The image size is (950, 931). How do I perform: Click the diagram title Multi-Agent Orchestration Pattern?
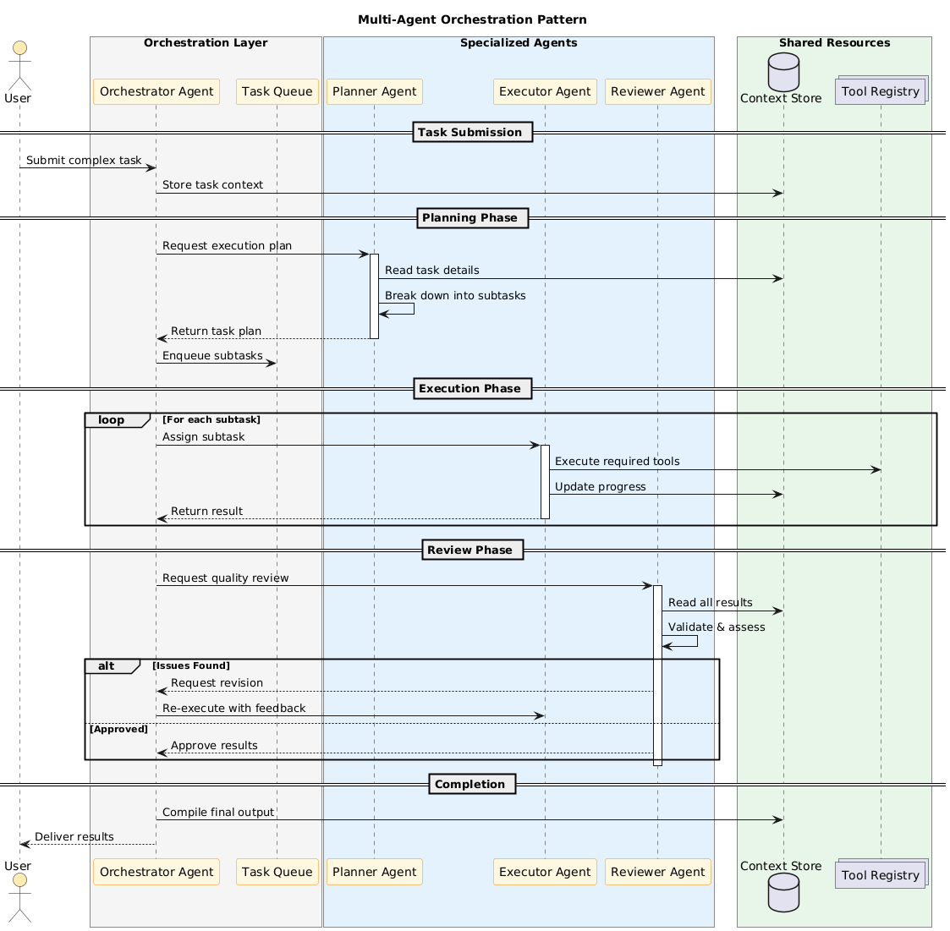click(472, 19)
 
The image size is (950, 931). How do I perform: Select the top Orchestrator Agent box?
click(157, 91)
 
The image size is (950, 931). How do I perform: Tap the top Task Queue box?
click(277, 91)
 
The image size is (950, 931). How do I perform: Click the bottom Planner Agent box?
click(375, 872)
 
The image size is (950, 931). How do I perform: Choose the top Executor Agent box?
click(545, 91)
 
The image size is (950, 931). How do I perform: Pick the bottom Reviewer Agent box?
click(657, 872)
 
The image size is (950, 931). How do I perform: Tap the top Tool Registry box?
click(880, 91)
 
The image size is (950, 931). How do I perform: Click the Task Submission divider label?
click(471, 132)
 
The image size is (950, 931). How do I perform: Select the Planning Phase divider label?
click(470, 218)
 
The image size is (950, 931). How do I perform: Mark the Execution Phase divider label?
click(471, 389)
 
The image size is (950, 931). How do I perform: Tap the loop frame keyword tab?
click(113, 420)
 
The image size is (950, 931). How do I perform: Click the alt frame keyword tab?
click(107, 666)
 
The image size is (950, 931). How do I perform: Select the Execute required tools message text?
click(617, 462)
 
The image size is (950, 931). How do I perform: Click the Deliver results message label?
click(74, 837)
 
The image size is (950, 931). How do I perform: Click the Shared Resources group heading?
click(834, 43)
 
